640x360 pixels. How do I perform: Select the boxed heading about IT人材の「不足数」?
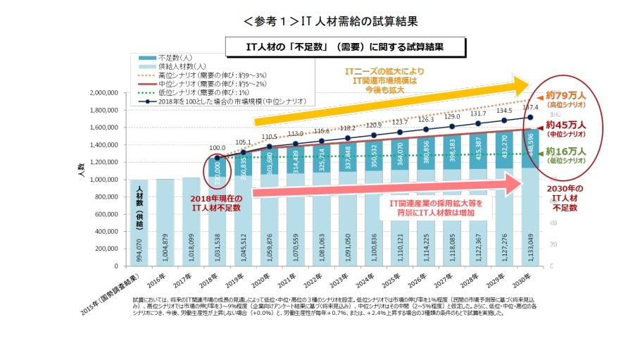344,47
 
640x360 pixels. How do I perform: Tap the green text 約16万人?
567,151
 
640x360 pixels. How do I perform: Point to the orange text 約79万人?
567,95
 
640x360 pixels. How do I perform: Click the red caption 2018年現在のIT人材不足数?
217,203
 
